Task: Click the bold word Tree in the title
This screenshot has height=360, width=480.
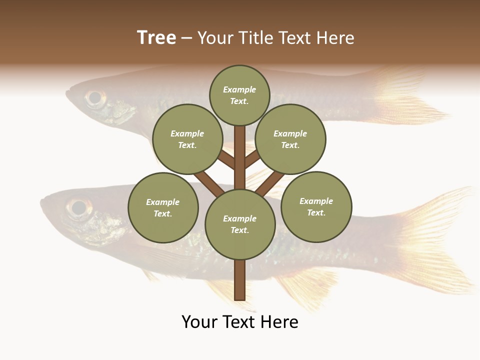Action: click(x=156, y=38)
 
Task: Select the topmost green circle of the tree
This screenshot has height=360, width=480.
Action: click(x=239, y=95)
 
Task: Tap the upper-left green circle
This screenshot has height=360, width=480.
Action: click(x=187, y=139)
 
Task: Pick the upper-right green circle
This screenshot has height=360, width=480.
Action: click(x=290, y=139)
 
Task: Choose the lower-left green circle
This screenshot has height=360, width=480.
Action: click(x=163, y=207)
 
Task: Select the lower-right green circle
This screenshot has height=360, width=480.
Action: click(x=316, y=206)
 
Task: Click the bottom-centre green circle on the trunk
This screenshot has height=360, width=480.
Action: click(x=240, y=224)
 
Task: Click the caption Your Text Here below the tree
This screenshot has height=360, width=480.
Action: click(x=240, y=322)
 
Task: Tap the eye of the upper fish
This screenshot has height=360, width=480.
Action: click(x=94, y=97)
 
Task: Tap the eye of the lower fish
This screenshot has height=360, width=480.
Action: click(x=78, y=207)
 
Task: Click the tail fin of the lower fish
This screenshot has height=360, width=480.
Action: click(x=435, y=240)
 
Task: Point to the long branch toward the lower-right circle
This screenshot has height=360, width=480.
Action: click(x=270, y=183)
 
